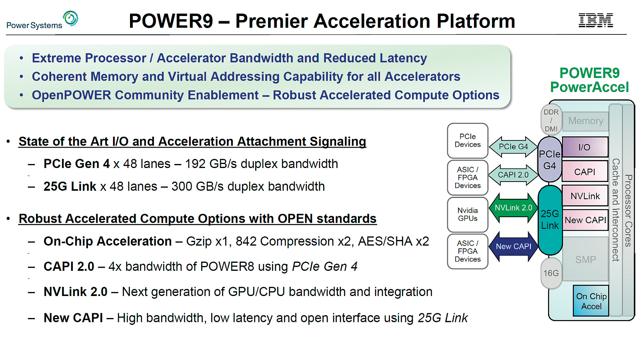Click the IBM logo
point(596,20)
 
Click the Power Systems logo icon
point(71,18)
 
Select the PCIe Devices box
point(468,140)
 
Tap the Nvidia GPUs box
point(468,214)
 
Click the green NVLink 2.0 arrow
point(513,208)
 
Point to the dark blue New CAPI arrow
point(513,246)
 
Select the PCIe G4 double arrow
point(513,147)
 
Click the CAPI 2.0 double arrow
point(513,175)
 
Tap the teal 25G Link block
point(550,220)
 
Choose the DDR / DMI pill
point(551,120)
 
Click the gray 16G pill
point(551,273)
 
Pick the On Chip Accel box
point(591,301)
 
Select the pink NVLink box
point(585,196)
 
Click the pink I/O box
point(585,147)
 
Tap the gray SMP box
point(586,260)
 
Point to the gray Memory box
point(586,121)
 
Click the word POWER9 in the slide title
point(171,21)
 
